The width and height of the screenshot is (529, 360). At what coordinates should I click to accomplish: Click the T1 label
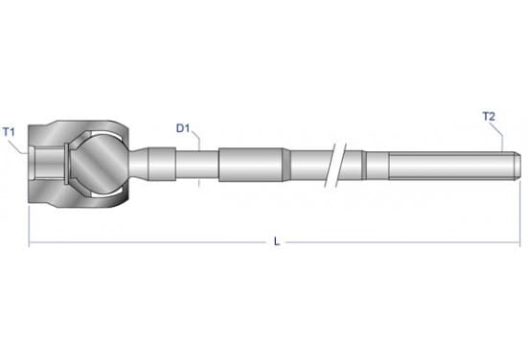(x=10, y=132)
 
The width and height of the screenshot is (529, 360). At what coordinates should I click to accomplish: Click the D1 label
(x=183, y=128)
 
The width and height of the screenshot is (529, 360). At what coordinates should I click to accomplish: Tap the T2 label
(x=489, y=116)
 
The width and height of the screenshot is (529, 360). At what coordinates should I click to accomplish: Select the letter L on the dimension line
(x=277, y=241)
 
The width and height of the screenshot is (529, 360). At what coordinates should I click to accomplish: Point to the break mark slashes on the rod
(x=335, y=165)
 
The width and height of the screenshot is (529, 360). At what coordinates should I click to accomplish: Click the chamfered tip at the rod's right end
(x=517, y=166)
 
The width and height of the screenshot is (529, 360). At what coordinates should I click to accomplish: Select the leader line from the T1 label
(x=18, y=146)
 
